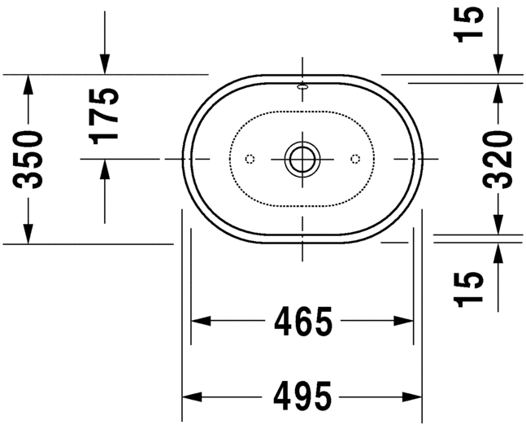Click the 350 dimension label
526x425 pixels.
(x=31, y=159)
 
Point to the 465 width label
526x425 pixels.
(x=302, y=323)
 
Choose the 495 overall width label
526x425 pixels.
(x=302, y=397)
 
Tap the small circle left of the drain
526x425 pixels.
(x=250, y=157)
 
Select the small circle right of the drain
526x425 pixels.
(x=355, y=157)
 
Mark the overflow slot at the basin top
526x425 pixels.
(x=302, y=85)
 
